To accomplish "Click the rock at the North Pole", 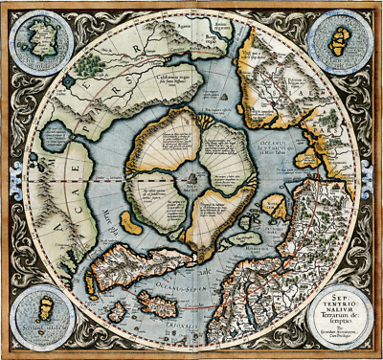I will point(191,179).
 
